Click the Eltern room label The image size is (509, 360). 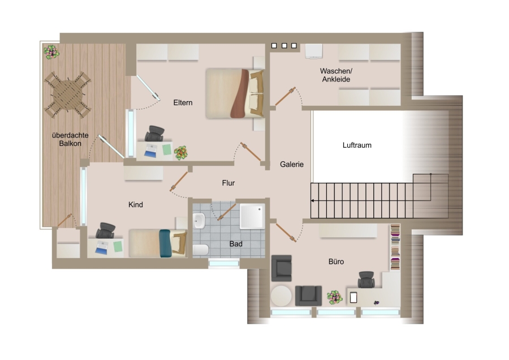(183, 102)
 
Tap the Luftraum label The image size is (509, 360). (357, 145)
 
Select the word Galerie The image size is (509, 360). (292, 164)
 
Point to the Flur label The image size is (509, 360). (228, 183)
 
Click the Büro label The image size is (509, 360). (336, 262)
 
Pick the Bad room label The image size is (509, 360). (236, 244)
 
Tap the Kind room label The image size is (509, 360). (135, 205)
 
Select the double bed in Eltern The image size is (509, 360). (234, 93)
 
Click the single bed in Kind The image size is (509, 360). (158, 243)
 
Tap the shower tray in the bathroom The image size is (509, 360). (252, 216)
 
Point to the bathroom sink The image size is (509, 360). (199, 221)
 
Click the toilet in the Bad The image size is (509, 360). (201, 250)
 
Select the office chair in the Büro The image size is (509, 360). (366, 280)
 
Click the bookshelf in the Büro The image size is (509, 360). (395, 247)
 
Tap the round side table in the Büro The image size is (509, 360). (281, 295)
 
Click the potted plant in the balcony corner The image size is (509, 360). (51, 52)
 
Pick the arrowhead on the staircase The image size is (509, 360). (312, 201)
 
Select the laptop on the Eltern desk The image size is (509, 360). (150, 151)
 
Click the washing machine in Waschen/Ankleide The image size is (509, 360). (313, 52)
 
